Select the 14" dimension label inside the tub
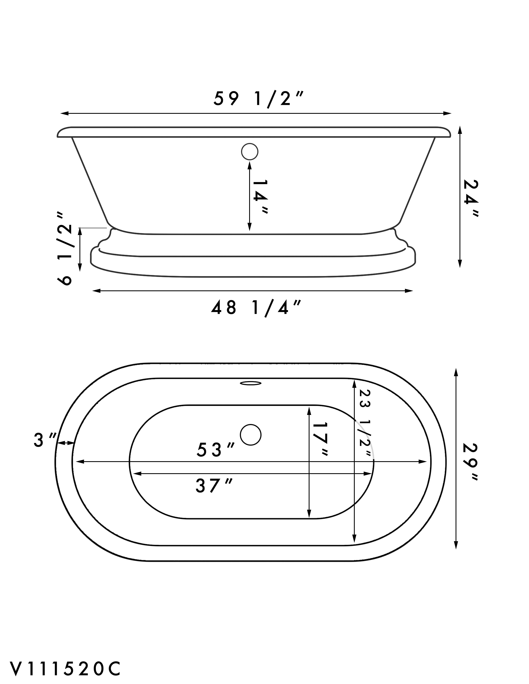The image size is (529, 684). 260,197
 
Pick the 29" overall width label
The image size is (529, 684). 471,463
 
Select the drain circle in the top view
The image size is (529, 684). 251,434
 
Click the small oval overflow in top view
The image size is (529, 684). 251,383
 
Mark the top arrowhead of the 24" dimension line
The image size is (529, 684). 460,130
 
